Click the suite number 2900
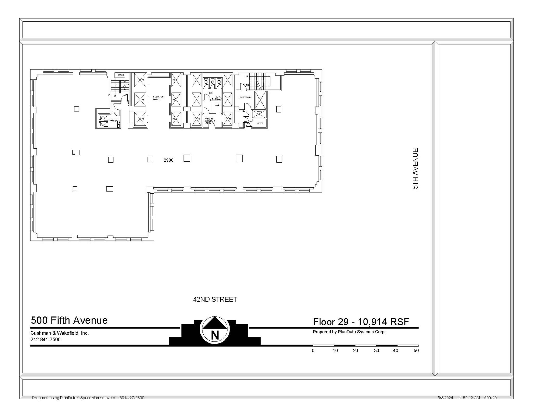click(x=168, y=160)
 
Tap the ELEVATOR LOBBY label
click(x=158, y=98)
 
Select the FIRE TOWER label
click(x=245, y=97)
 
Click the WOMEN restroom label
click(x=113, y=121)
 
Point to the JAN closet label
click(x=217, y=105)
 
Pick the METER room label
click(x=260, y=123)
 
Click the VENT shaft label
click(x=259, y=112)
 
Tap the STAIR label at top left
click(x=121, y=75)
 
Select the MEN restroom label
click(x=211, y=93)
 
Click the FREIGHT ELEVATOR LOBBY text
click(x=210, y=121)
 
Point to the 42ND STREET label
click(x=215, y=300)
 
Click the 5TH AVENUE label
click(x=416, y=169)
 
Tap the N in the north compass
click(x=215, y=335)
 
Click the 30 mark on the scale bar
click(x=376, y=351)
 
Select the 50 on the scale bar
click(x=416, y=351)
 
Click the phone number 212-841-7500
click(x=46, y=340)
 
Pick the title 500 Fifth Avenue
click(x=69, y=320)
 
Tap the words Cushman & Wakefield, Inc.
click(x=60, y=333)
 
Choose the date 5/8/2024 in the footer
click(x=445, y=398)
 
